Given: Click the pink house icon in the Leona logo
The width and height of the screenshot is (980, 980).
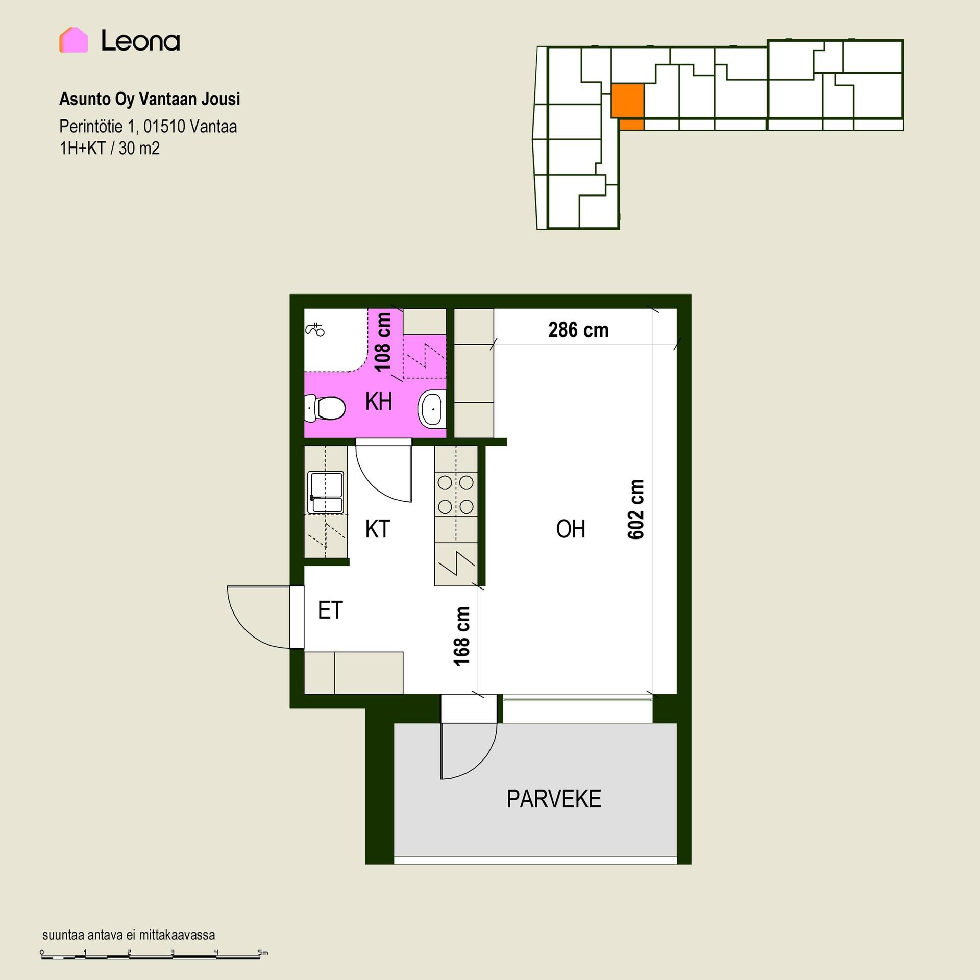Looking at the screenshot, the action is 73,40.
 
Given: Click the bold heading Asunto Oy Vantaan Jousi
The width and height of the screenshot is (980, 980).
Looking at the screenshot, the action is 150,99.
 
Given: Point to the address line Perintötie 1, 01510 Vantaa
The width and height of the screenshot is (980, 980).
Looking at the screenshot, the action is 148,126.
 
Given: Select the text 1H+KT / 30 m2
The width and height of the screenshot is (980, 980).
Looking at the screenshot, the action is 110,149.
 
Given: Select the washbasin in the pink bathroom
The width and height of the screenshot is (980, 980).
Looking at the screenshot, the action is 432,409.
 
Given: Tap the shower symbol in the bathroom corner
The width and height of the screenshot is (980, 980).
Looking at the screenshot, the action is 315,330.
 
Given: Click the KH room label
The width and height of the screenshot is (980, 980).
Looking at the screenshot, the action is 379,402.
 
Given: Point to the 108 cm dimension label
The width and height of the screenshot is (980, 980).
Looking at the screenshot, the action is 383,342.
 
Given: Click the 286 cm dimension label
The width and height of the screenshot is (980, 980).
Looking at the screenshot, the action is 578,330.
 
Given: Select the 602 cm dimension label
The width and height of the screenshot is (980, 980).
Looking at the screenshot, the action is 636,509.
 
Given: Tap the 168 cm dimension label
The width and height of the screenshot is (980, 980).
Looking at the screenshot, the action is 462,636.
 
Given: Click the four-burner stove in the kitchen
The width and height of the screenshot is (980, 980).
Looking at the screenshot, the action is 456,494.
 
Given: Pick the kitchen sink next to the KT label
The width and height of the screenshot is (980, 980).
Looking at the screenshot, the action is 326,493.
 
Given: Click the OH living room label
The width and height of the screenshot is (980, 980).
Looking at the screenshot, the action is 571,529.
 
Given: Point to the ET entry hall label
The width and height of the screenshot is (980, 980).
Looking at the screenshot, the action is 330,610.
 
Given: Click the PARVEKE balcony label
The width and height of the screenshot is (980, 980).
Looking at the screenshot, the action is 554,799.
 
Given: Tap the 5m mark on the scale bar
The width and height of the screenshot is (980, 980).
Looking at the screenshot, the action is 262,952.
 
